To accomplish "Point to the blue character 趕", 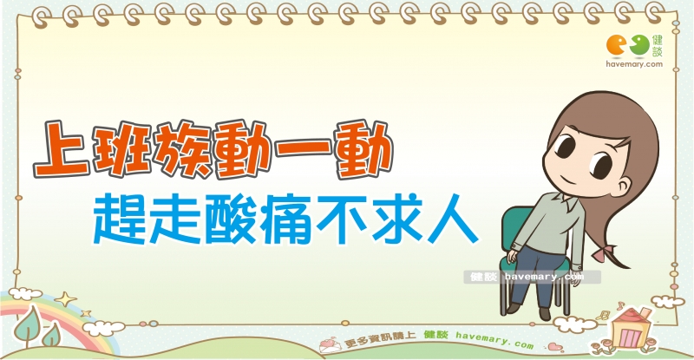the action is pos(120,220).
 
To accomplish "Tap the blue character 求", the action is pos(396,220).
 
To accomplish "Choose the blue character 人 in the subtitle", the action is pos(452,220).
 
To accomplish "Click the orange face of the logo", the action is pos(616,46).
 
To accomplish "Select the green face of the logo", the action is pos(639,46).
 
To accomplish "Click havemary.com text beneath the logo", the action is pos(634,64).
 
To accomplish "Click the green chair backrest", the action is pos(515,230).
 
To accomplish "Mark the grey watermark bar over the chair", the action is pos(533,278).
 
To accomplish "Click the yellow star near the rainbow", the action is pos(66,299).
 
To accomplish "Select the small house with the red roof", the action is pos(630,328).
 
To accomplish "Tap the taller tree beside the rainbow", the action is pos(29,325).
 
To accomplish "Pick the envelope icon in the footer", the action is pos(330,345).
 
